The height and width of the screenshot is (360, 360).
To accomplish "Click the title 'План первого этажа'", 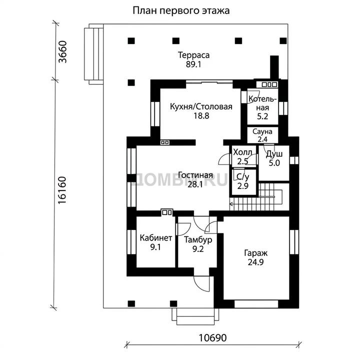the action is [x=181, y=11].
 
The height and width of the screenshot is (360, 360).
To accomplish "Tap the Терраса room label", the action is [x=194, y=55].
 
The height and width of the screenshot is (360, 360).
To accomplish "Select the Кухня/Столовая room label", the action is [x=201, y=107].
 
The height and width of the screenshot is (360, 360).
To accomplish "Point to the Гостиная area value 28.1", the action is [x=195, y=184].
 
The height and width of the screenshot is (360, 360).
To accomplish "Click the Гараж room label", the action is [x=256, y=253].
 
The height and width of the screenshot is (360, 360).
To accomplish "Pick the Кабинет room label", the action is [x=156, y=238].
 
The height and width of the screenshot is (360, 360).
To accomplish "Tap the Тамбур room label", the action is [x=198, y=240].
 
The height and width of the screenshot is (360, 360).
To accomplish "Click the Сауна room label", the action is [x=262, y=131].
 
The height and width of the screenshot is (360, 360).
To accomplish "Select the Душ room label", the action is [x=274, y=154].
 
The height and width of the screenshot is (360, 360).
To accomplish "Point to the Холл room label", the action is [x=242, y=152].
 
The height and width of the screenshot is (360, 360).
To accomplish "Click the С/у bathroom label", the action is [x=242, y=177].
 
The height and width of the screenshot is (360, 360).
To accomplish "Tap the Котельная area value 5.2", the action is [x=262, y=116].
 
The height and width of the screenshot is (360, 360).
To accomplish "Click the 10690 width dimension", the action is [x=212, y=337].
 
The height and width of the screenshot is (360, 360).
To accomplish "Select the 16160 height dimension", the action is [x=62, y=190].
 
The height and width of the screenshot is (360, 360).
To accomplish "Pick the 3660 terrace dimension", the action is [x=62, y=52].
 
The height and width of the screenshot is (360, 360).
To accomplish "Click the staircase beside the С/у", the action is [x=259, y=197].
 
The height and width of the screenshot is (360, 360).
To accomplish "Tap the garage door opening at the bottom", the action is [x=256, y=304].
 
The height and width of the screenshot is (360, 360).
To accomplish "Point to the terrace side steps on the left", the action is [x=93, y=54].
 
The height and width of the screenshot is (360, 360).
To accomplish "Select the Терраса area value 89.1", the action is [x=193, y=64].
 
